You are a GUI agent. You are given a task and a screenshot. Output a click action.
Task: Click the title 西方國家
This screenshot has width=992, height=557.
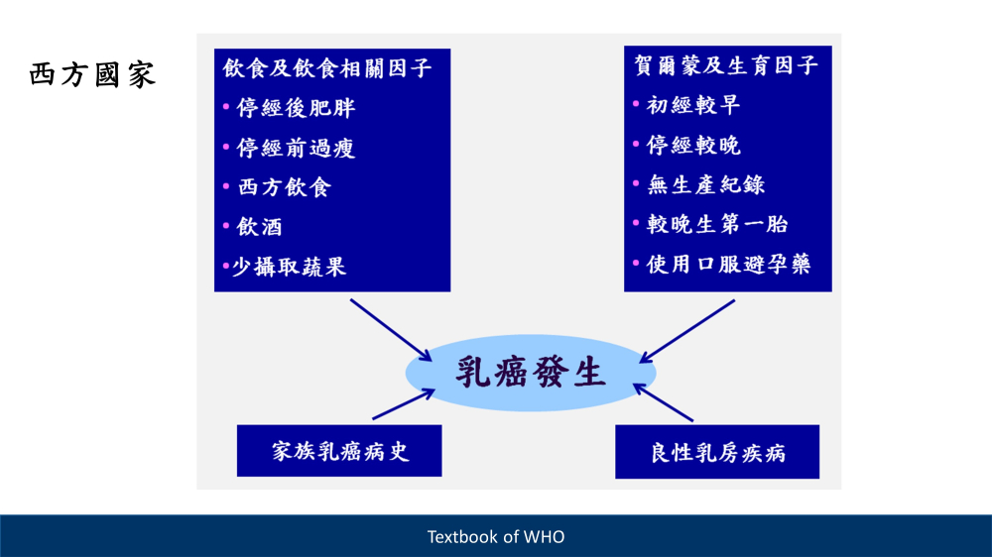tap(92, 74)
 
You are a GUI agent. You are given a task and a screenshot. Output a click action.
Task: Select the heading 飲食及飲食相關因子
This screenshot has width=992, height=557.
tap(327, 68)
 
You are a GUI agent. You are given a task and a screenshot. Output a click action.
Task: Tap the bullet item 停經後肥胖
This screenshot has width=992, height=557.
tap(296, 108)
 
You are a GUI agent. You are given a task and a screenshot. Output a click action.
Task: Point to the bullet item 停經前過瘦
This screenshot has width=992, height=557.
tap(296, 148)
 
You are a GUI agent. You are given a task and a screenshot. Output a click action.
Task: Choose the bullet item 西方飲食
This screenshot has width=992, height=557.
tap(284, 187)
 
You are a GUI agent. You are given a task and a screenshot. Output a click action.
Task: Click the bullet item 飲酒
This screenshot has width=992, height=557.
tap(259, 227)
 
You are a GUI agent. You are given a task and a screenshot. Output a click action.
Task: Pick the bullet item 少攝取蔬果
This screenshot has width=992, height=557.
tap(289, 267)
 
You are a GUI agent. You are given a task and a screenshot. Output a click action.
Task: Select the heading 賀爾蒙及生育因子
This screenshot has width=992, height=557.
tap(726, 65)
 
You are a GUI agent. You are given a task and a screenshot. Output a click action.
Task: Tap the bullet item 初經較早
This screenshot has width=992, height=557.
tap(692, 105)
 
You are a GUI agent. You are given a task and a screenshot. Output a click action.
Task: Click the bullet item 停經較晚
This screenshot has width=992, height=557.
tap(692, 145)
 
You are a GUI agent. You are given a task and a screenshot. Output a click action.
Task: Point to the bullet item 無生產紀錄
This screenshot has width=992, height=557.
tap(705, 184)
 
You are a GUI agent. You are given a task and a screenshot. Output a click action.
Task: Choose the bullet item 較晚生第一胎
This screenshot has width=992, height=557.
tap(717, 224)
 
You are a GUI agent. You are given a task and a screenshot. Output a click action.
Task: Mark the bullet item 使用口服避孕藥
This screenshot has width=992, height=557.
tap(728, 265)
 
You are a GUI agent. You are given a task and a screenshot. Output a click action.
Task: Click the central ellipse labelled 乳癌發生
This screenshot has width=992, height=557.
tap(531, 373)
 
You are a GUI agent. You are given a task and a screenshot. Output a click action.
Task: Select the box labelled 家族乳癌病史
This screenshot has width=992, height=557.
tap(339, 451)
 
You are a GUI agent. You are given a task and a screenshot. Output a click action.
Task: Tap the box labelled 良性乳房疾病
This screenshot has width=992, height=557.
tap(717, 452)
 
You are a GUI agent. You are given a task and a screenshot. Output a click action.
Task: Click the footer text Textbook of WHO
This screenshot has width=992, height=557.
tap(496, 537)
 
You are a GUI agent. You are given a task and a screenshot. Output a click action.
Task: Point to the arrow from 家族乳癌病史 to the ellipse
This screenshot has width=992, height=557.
tap(404, 404)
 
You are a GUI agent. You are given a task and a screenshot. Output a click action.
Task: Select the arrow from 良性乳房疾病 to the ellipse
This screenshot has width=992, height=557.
tap(663, 402)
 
